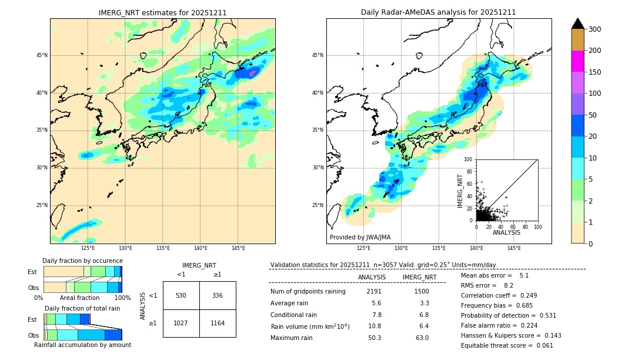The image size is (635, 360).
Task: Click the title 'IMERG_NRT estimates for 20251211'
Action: click(x=162, y=12)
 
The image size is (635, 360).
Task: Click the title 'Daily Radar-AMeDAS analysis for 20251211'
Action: click(x=439, y=12)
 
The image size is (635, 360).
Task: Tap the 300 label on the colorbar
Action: click(x=595, y=29)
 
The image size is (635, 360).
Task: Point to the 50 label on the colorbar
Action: click(x=593, y=115)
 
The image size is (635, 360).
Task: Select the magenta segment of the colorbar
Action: click(x=577, y=61)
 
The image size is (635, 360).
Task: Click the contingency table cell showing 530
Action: click(x=181, y=295)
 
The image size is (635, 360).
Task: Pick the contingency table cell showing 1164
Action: click(x=218, y=323)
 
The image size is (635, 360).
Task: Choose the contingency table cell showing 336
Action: click(x=218, y=295)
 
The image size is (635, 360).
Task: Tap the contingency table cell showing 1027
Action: click(x=181, y=323)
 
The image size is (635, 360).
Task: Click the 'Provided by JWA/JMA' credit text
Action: click(x=360, y=237)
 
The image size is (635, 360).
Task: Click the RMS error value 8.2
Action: click(x=508, y=285)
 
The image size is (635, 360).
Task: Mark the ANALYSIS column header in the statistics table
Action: click(x=372, y=277)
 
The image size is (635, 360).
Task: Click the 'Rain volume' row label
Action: click(x=310, y=326)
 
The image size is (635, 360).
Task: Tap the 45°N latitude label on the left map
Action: click(x=42, y=55)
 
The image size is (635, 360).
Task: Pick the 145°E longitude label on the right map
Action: click(x=514, y=248)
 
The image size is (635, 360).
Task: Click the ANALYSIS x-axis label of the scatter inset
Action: click(x=506, y=232)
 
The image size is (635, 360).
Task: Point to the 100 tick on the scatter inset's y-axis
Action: click(x=468, y=159)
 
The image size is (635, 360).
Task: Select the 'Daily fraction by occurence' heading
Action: click(x=82, y=261)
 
